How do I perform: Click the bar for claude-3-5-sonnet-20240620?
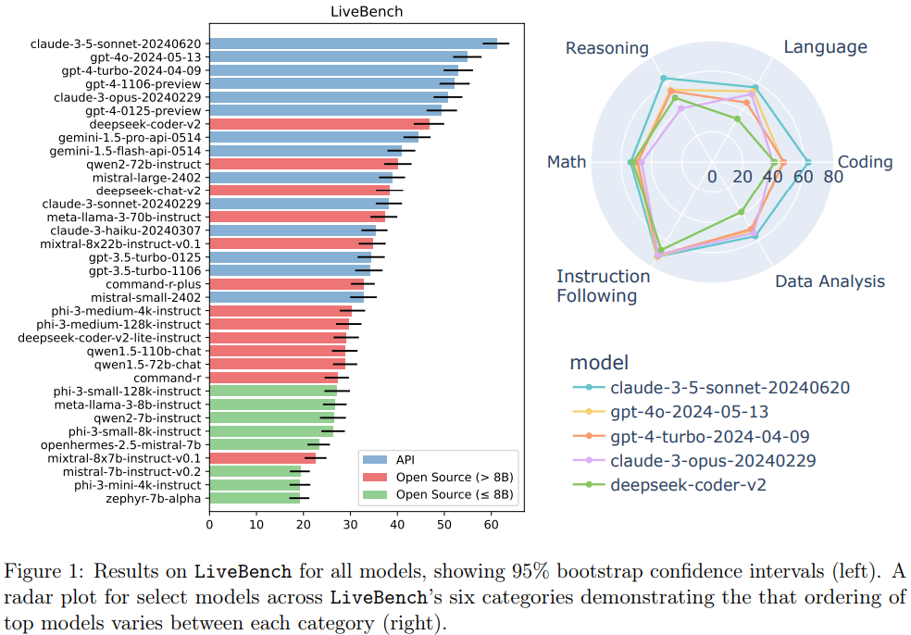pyautogui.click(x=353, y=43)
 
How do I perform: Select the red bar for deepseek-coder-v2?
pyautogui.click(x=319, y=123)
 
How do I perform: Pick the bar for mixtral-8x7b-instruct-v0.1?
pyautogui.click(x=263, y=458)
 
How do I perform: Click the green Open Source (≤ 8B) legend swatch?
pyautogui.click(x=373, y=495)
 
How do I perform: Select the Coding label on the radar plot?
pyautogui.click(x=866, y=162)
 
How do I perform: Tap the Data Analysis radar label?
pyautogui.click(x=830, y=281)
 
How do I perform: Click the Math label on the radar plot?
pyautogui.click(x=567, y=162)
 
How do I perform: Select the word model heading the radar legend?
pyautogui.click(x=598, y=362)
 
